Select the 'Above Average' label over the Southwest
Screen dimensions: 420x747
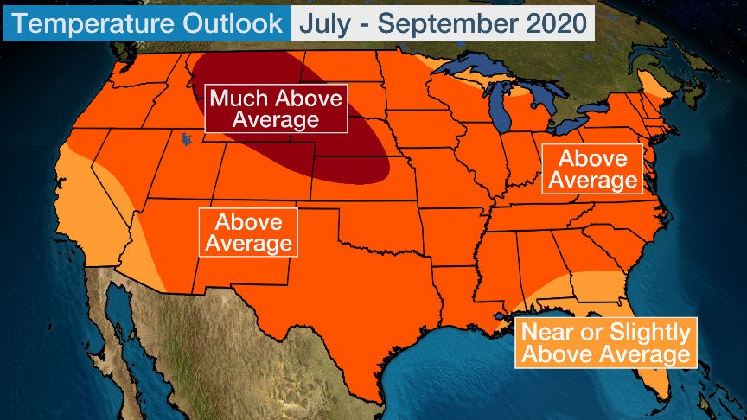(248, 232)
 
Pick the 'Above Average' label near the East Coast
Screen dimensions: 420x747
(592, 169)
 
